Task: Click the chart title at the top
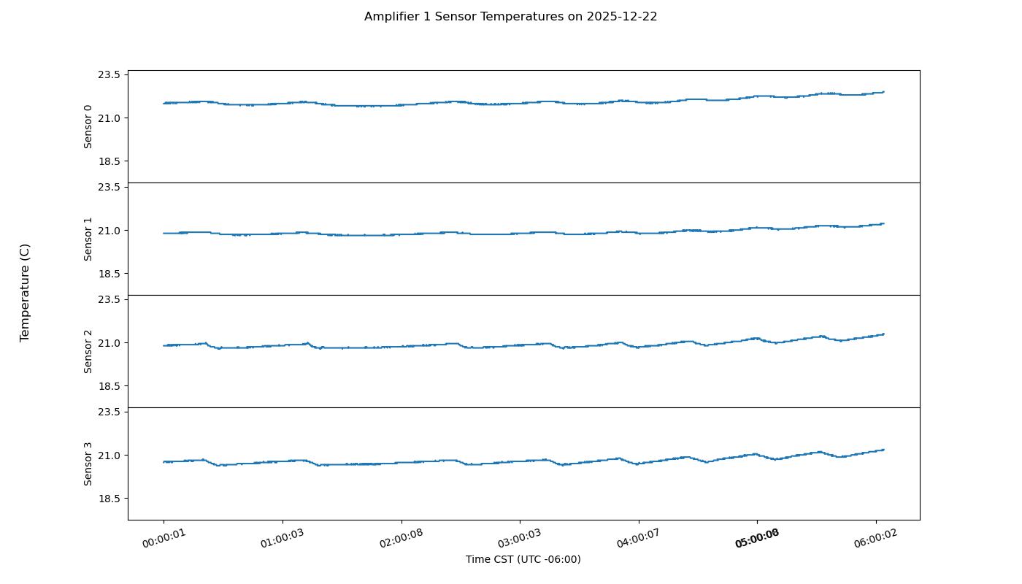pos(510,16)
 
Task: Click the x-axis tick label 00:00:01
pos(164,539)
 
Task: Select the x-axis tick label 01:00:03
pos(283,539)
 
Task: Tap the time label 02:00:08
pos(401,539)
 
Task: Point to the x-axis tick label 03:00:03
pos(520,539)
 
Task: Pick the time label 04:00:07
pos(639,539)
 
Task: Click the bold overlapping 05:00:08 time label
pos(757,539)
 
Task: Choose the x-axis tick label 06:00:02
pos(876,539)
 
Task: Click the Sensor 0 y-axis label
pos(88,126)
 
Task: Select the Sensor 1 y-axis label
pos(88,239)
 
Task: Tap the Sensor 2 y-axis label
pos(88,351)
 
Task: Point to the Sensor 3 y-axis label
pos(88,464)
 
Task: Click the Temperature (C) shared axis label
pos(25,292)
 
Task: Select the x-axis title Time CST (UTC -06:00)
pos(523,559)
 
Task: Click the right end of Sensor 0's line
pos(883,92)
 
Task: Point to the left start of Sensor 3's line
pos(164,461)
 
